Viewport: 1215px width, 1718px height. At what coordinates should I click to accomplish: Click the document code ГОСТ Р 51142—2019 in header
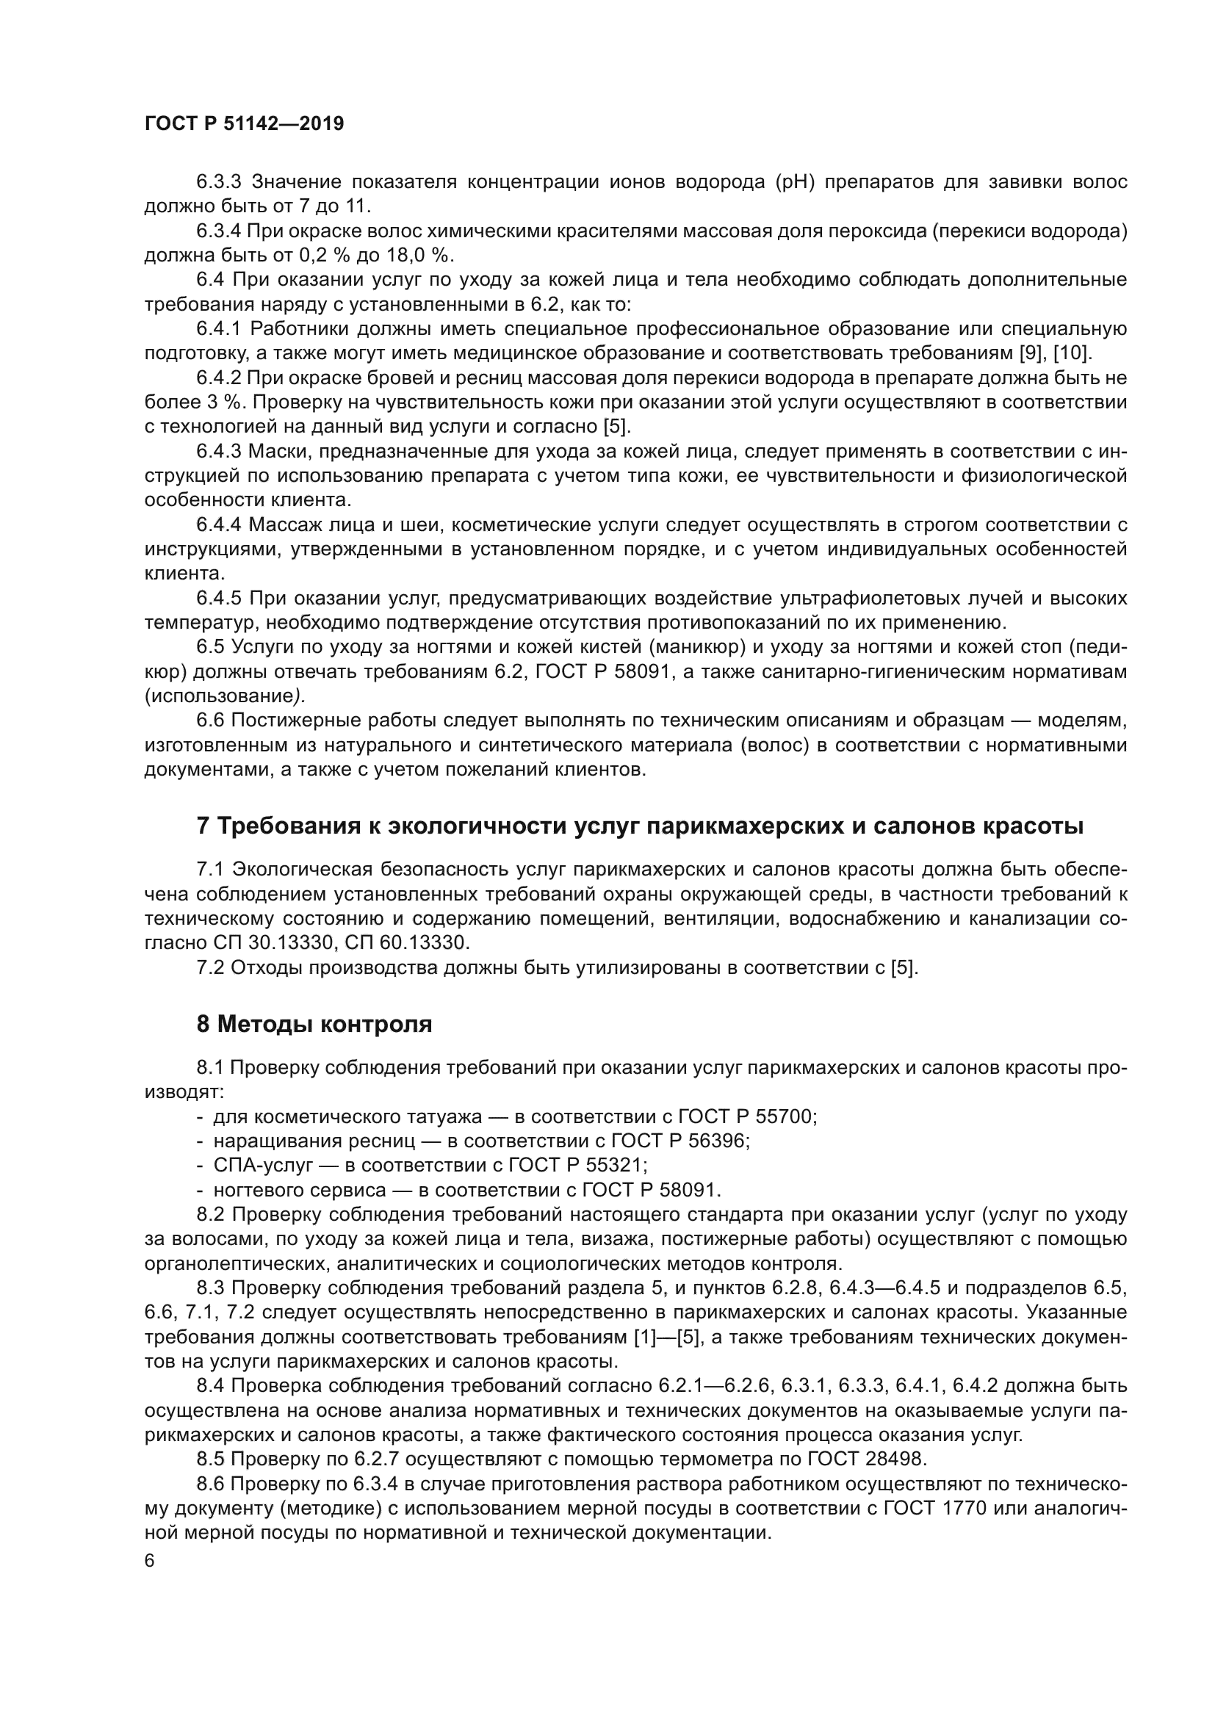tap(244, 124)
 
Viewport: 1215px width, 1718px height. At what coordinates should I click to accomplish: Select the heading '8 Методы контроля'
tap(314, 1025)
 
